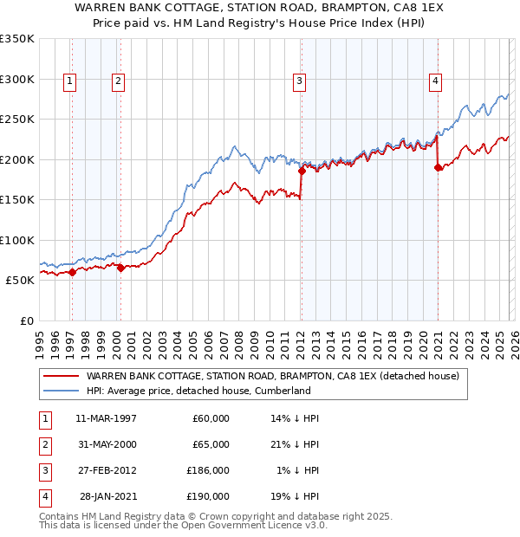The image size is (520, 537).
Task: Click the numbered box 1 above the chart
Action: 69,81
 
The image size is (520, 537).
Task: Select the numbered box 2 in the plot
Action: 118,81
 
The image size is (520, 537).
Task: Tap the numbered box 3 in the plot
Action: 299,81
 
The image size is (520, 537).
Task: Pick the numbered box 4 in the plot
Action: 435,81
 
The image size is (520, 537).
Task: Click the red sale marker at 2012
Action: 302,171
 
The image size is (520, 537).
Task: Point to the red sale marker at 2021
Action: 438,168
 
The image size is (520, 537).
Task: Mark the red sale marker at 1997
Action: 72,272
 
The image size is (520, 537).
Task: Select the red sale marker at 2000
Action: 120,268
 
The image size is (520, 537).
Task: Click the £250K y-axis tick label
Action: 17,120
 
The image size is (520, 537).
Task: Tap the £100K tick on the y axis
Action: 17,240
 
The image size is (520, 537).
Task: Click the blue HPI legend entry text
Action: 198,391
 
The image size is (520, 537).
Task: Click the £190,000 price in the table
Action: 209,496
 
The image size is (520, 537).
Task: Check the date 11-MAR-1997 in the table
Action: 106,418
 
